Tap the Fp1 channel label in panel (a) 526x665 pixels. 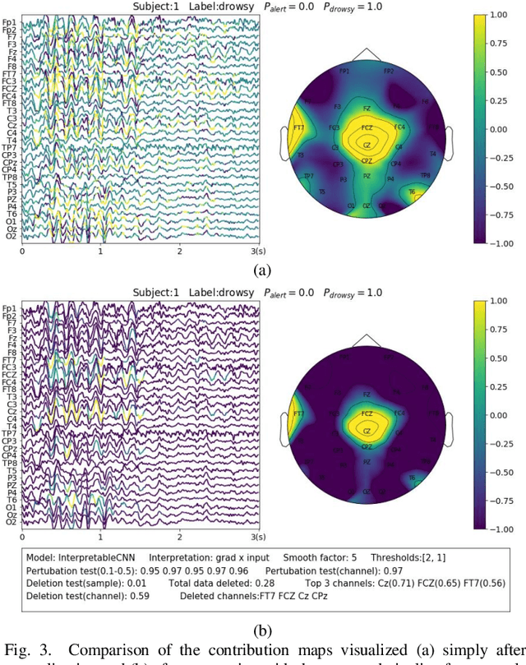(x=10, y=21)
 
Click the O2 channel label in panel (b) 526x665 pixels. (x=10, y=521)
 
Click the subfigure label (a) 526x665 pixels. (x=262, y=270)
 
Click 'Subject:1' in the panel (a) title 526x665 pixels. (x=156, y=6)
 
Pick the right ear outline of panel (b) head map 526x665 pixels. (x=450, y=418)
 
